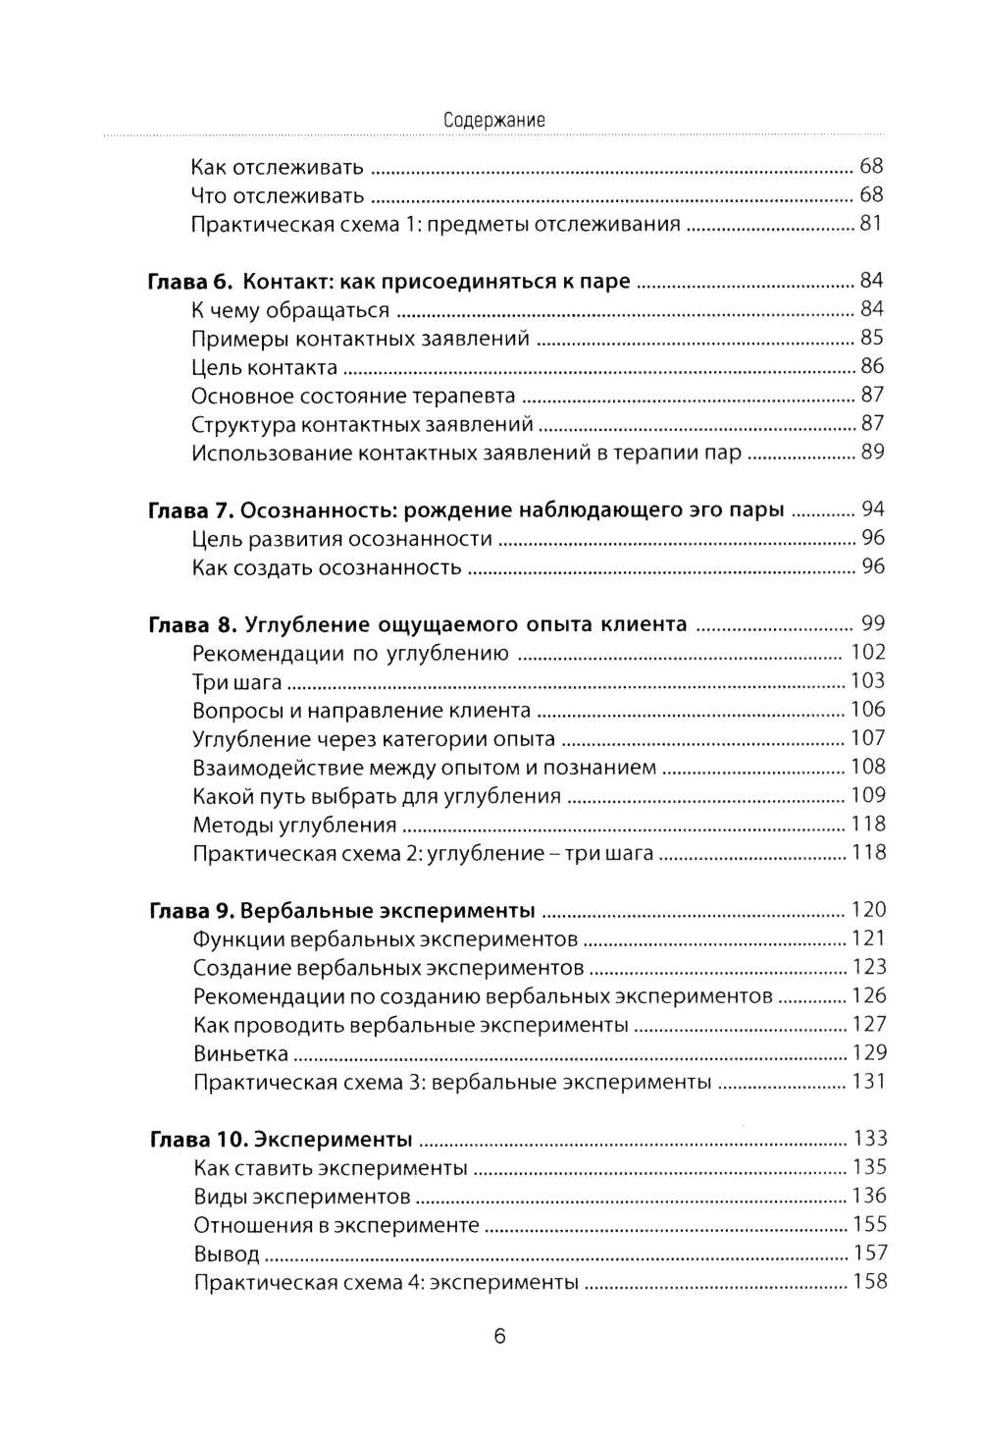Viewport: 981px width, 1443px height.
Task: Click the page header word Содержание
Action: [x=493, y=120]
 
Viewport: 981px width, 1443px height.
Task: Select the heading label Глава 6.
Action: [x=190, y=282]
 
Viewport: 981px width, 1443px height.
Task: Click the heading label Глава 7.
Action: [x=189, y=510]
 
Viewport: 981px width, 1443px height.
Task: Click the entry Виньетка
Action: [x=240, y=1054]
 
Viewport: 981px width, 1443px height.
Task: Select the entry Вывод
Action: [x=227, y=1255]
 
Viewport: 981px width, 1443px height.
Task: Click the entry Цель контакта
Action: [x=265, y=368]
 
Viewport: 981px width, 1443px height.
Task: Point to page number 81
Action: [x=871, y=224]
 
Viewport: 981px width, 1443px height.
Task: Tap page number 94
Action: [x=872, y=509]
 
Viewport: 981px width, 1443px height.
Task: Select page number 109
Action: [x=868, y=795]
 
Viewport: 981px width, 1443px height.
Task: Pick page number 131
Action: [x=868, y=1082]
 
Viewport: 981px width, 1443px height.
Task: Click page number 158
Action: [x=869, y=1282]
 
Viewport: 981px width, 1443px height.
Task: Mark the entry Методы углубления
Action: [x=295, y=826]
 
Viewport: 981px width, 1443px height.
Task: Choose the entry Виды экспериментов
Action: [x=302, y=1198]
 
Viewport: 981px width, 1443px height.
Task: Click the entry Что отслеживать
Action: [x=278, y=196]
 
